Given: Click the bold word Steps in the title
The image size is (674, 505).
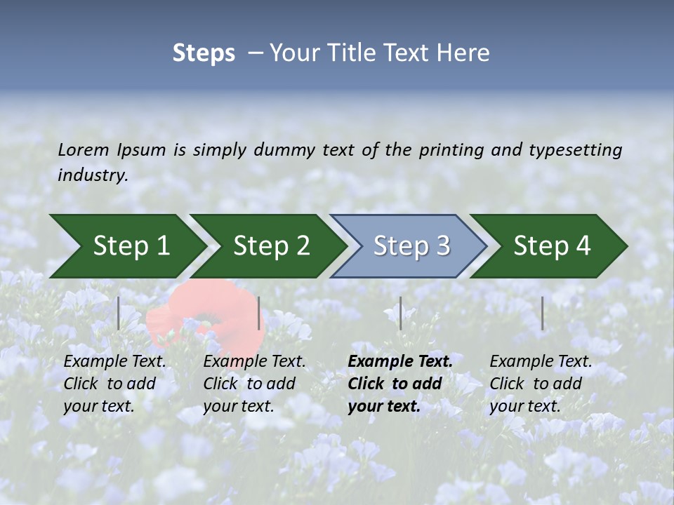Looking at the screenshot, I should (204, 53).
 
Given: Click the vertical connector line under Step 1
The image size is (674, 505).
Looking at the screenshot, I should (119, 313).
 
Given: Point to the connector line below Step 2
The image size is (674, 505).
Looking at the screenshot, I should (259, 313).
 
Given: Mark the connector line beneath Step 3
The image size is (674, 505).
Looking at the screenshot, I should (400, 313).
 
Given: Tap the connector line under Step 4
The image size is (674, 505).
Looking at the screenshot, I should (542, 313).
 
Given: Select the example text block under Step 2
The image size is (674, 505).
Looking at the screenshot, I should (253, 384).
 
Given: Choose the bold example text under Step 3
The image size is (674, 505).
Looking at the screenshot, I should (399, 384).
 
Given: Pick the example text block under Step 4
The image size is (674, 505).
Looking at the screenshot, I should (540, 384).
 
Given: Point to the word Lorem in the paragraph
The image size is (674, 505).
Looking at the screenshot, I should (84, 150).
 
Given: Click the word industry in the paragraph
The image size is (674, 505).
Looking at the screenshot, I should (93, 175).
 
